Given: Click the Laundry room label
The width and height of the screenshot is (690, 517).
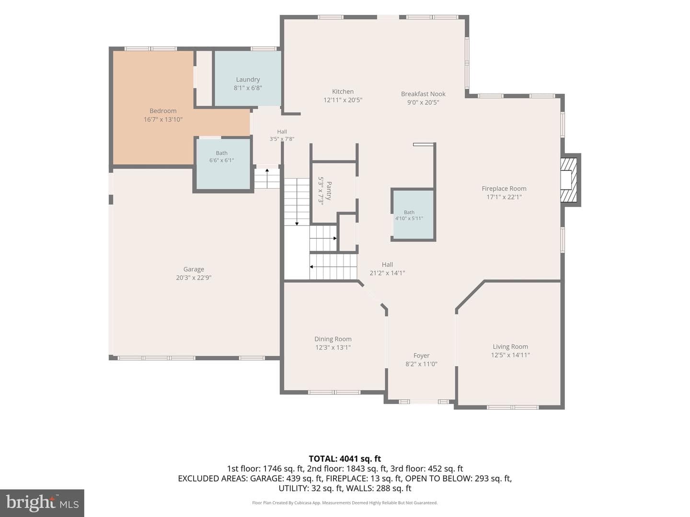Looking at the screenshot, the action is pyautogui.click(x=248, y=79).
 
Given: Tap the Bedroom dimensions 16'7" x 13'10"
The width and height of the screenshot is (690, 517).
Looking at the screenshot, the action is pyautogui.click(x=163, y=119).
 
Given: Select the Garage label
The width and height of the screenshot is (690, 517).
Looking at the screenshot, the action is pyautogui.click(x=194, y=269).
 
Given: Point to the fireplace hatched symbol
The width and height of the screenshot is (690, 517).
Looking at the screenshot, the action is pyautogui.click(x=569, y=180).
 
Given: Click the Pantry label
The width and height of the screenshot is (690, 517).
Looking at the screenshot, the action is pyautogui.click(x=329, y=191).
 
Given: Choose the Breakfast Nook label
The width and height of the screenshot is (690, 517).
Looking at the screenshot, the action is pyautogui.click(x=423, y=94).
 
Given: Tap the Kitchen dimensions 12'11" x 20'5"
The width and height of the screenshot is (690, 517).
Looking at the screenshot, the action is pyautogui.click(x=343, y=100).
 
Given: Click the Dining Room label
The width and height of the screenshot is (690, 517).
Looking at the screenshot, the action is pyautogui.click(x=333, y=339).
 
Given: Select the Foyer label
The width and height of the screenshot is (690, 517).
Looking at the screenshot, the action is pyautogui.click(x=421, y=356).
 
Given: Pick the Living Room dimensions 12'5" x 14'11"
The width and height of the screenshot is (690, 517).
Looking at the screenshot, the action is pyautogui.click(x=510, y=355).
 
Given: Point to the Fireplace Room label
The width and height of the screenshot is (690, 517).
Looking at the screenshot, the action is pyautogui.click(x=504, y=189).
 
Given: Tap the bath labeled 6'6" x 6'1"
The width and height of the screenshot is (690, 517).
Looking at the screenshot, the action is pyautogui.click(x=222, y=163).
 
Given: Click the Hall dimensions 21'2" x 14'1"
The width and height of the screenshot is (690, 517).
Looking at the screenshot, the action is pyautogui.click(x=387, y=273).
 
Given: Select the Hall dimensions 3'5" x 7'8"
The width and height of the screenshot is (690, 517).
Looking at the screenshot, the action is pyautogui.click(x=282, y=139).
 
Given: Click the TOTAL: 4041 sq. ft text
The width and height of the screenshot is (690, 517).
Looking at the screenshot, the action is pyautogui.click(x=345, y=459).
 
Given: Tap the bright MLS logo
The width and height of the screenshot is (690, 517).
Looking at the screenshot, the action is pyautogui.click(x=42, y=503).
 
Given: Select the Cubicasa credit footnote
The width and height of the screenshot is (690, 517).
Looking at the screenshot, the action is pyautogui.click(x=345, y=503).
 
